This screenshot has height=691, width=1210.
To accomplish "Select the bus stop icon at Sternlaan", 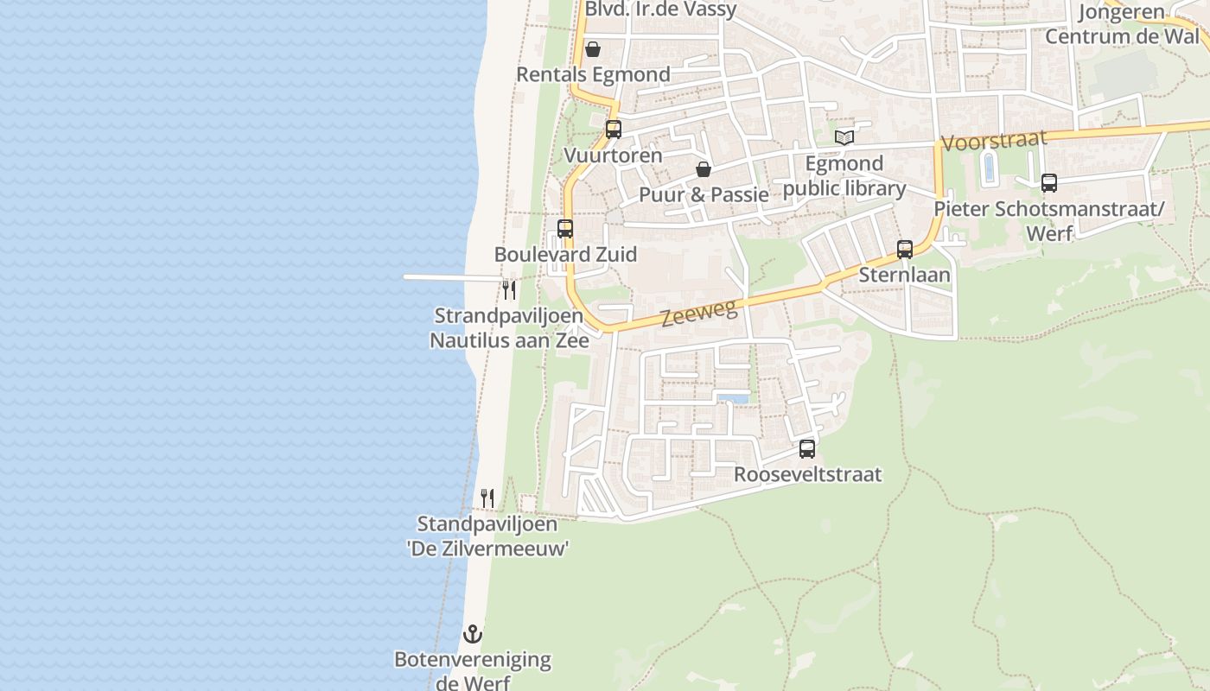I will (905, 250).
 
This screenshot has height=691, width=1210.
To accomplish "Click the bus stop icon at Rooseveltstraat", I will (807, 449).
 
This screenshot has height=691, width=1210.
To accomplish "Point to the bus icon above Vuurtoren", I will (614, 130).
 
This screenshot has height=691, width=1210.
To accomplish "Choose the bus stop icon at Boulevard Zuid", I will (565, 229).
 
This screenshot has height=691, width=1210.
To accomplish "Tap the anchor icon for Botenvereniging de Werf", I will (472, 635).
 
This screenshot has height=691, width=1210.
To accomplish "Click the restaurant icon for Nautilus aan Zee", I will (509, 289).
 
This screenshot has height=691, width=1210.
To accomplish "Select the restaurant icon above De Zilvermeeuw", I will (487, 498).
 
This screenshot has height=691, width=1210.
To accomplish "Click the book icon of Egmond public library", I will (844, 137).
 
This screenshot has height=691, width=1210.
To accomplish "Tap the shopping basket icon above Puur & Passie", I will (704, 168).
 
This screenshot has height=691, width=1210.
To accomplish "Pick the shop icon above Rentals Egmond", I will (593, 49).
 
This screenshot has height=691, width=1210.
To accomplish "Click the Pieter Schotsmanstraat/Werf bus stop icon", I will (1049, 183).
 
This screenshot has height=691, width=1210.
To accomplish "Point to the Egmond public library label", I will (844, 176).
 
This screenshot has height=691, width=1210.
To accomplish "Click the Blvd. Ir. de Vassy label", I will (661, 10).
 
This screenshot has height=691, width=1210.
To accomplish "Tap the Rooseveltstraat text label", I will (808, 474).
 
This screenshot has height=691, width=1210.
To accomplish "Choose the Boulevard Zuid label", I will (565, 255).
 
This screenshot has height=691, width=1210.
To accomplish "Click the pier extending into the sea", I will (449, 277).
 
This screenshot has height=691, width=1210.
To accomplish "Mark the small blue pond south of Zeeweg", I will (733, 398).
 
